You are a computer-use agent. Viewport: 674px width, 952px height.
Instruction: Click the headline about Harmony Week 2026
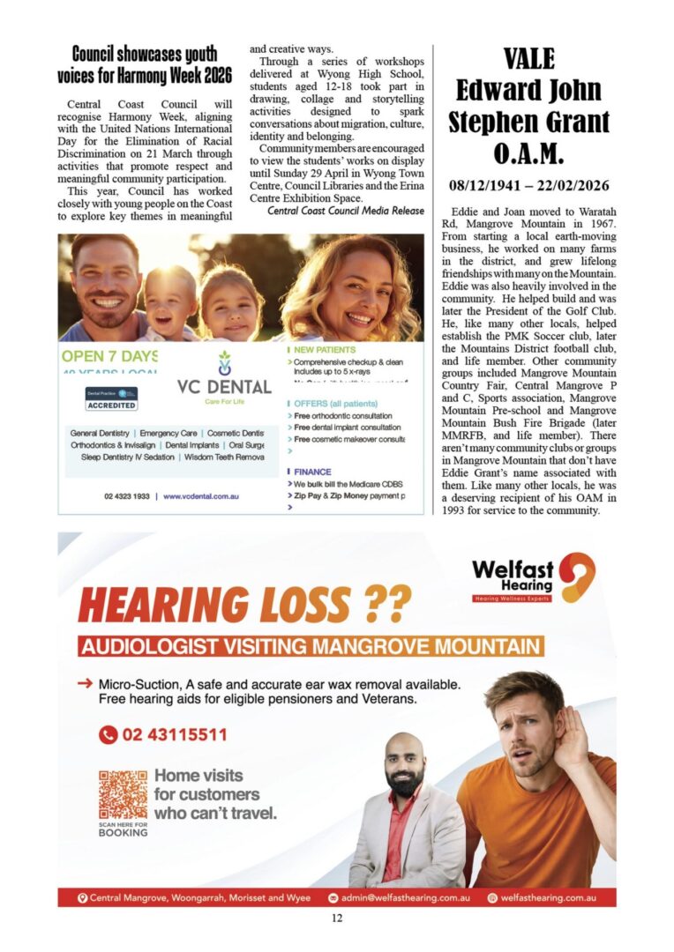pyautogui.click(x=144, y=65)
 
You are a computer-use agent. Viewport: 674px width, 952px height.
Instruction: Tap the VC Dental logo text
pyautogui.click(x=223, y=387)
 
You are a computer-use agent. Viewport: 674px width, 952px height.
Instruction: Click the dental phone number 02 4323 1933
pyautogui.click(x=127, y=496)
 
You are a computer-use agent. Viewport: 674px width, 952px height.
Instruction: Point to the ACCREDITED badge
pyautogui.click(x=111, y=405)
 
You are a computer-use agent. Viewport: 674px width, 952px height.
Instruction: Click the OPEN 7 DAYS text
pyautogui.click(x=109, y=357)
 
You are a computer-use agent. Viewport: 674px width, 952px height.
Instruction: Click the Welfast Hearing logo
pyautogui.click(x=532, y=578)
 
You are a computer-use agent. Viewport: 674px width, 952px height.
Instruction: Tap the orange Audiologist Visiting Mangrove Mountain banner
pyautogui.click(x=311, y=647)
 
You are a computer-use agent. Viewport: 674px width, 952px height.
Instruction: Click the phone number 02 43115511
pyautogui.click(x=163, y=734)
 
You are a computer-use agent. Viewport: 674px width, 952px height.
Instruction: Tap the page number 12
pyautogui.click(x=337, y=918)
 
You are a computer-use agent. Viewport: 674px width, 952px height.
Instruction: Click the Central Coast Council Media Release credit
pyautogui.click(x=346, y=211)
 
